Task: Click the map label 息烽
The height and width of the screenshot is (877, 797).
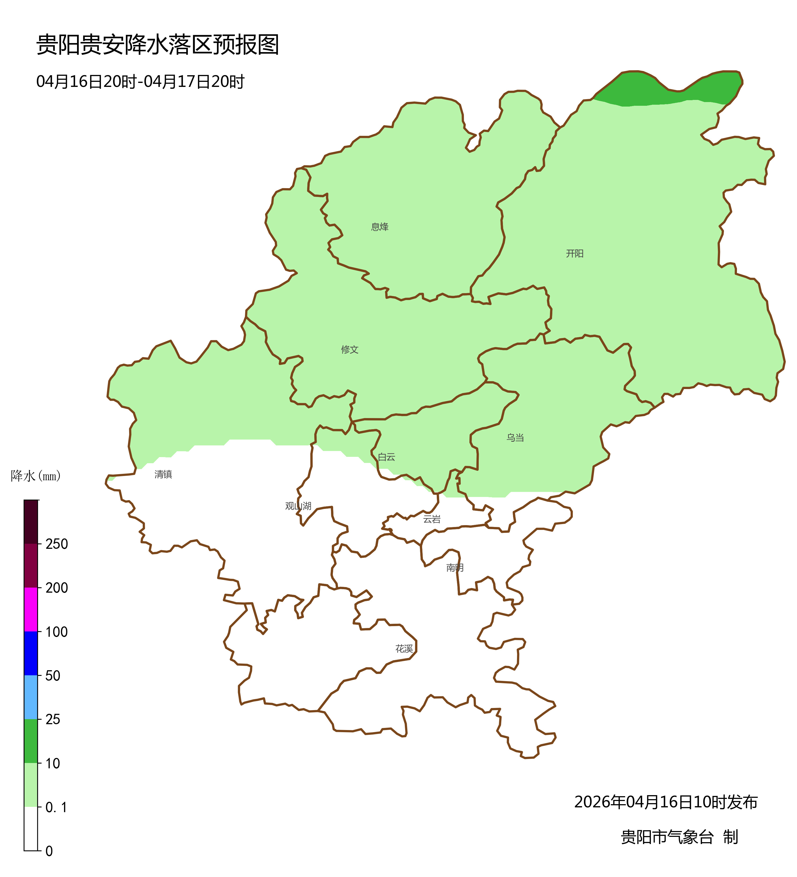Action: coord(380,227)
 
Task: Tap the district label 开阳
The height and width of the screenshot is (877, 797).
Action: coord(574,253)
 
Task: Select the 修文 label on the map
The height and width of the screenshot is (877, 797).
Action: coord(350,349)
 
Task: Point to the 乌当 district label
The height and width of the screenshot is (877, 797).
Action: coord(515,438)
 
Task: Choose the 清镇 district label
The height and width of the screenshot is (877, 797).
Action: coord(163,474)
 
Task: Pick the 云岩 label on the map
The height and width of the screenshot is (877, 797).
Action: coord(432,519)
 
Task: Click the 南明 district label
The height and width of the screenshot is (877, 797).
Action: coord(455,567)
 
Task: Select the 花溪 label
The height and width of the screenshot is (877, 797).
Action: coord(404,649)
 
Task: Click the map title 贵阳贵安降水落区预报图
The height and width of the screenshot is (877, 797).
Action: coord(157,45)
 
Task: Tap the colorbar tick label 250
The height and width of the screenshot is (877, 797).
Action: coord(57,544)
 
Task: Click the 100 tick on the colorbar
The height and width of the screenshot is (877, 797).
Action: coord(57,632)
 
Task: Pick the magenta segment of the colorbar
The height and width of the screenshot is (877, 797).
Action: coord(31,609)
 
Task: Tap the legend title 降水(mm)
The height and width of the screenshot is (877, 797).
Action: coord(36,476)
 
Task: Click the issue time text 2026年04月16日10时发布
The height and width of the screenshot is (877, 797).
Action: coord(666,802)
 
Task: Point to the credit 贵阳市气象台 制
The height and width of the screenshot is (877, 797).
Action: coord(679,837)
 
